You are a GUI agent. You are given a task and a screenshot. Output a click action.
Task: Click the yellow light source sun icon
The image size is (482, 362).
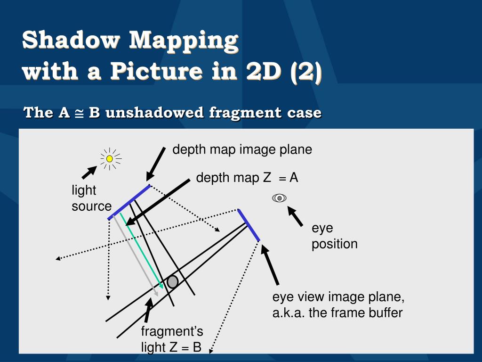point(110,159)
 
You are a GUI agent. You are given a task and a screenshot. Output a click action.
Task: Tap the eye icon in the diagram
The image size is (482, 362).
point(279,198)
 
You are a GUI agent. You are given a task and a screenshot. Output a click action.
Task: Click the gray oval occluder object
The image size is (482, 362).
point(173,282)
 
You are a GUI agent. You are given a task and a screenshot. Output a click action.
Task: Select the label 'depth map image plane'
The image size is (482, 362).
point(242,150)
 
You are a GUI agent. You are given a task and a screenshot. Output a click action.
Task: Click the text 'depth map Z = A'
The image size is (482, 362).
point(247,178)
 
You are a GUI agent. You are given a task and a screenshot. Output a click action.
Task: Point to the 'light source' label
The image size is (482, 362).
point(91,198)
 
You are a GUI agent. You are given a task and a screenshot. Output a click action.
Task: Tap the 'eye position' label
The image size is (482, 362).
point(334,236)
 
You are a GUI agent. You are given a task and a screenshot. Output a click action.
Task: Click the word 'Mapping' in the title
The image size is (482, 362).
point(184,41)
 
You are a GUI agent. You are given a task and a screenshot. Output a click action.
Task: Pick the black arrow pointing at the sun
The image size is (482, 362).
point(88,173)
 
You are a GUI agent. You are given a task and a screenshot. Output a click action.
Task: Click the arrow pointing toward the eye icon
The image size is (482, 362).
point(295,217)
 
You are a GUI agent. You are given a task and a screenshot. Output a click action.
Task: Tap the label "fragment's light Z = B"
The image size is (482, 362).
point(172,339)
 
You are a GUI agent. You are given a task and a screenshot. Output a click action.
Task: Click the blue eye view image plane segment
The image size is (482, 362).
point(248,225)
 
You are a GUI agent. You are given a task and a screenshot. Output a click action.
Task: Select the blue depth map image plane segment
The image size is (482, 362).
point(129,202)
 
